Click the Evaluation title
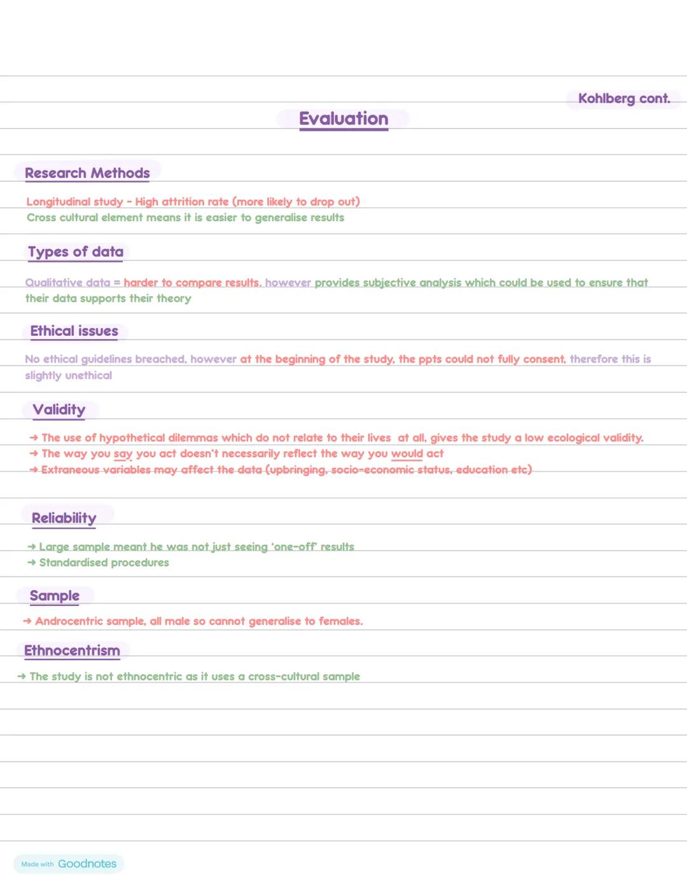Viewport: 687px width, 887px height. [343, 119]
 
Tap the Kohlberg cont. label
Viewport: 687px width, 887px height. [624, 99]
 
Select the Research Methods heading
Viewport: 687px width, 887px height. [87, 173]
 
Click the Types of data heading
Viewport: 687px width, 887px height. [76, 252]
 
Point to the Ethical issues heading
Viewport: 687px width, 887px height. [74, 331]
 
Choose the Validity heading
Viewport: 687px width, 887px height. [59, 409]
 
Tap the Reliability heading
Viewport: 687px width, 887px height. [64, 518]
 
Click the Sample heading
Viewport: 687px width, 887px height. [55, 596]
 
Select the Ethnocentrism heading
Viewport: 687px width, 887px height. [72, 650]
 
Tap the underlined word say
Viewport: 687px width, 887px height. [123, 454]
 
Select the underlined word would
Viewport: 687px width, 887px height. [407, 454]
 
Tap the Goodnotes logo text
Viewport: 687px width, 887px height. [87, 863]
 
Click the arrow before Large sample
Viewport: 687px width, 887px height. [32, 547]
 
